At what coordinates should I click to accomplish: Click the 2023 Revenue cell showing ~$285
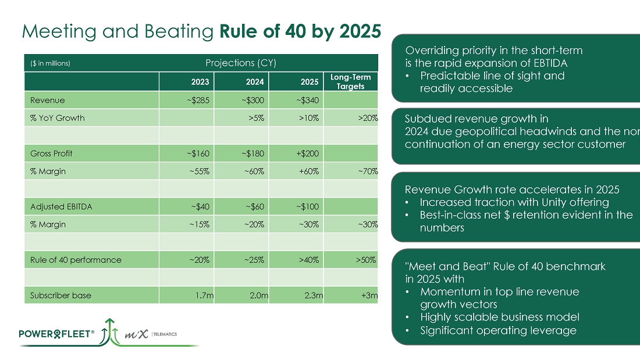[x=198, y=100]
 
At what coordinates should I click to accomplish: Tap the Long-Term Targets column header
[x=350, y=81]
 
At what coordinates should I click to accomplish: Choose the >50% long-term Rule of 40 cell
[x=365, y=259]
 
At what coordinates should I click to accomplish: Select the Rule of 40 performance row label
[x=76, y=259]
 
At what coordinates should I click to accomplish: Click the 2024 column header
[x=254, y=82]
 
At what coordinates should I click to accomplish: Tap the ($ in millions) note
[x=50, y=63]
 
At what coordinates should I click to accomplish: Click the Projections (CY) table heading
[x=241, y=63]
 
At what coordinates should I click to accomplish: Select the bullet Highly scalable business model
[x=499, y=317]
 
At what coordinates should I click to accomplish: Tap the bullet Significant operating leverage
[x=498, y=330]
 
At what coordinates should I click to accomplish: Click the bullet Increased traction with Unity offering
[x=514, y=202]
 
